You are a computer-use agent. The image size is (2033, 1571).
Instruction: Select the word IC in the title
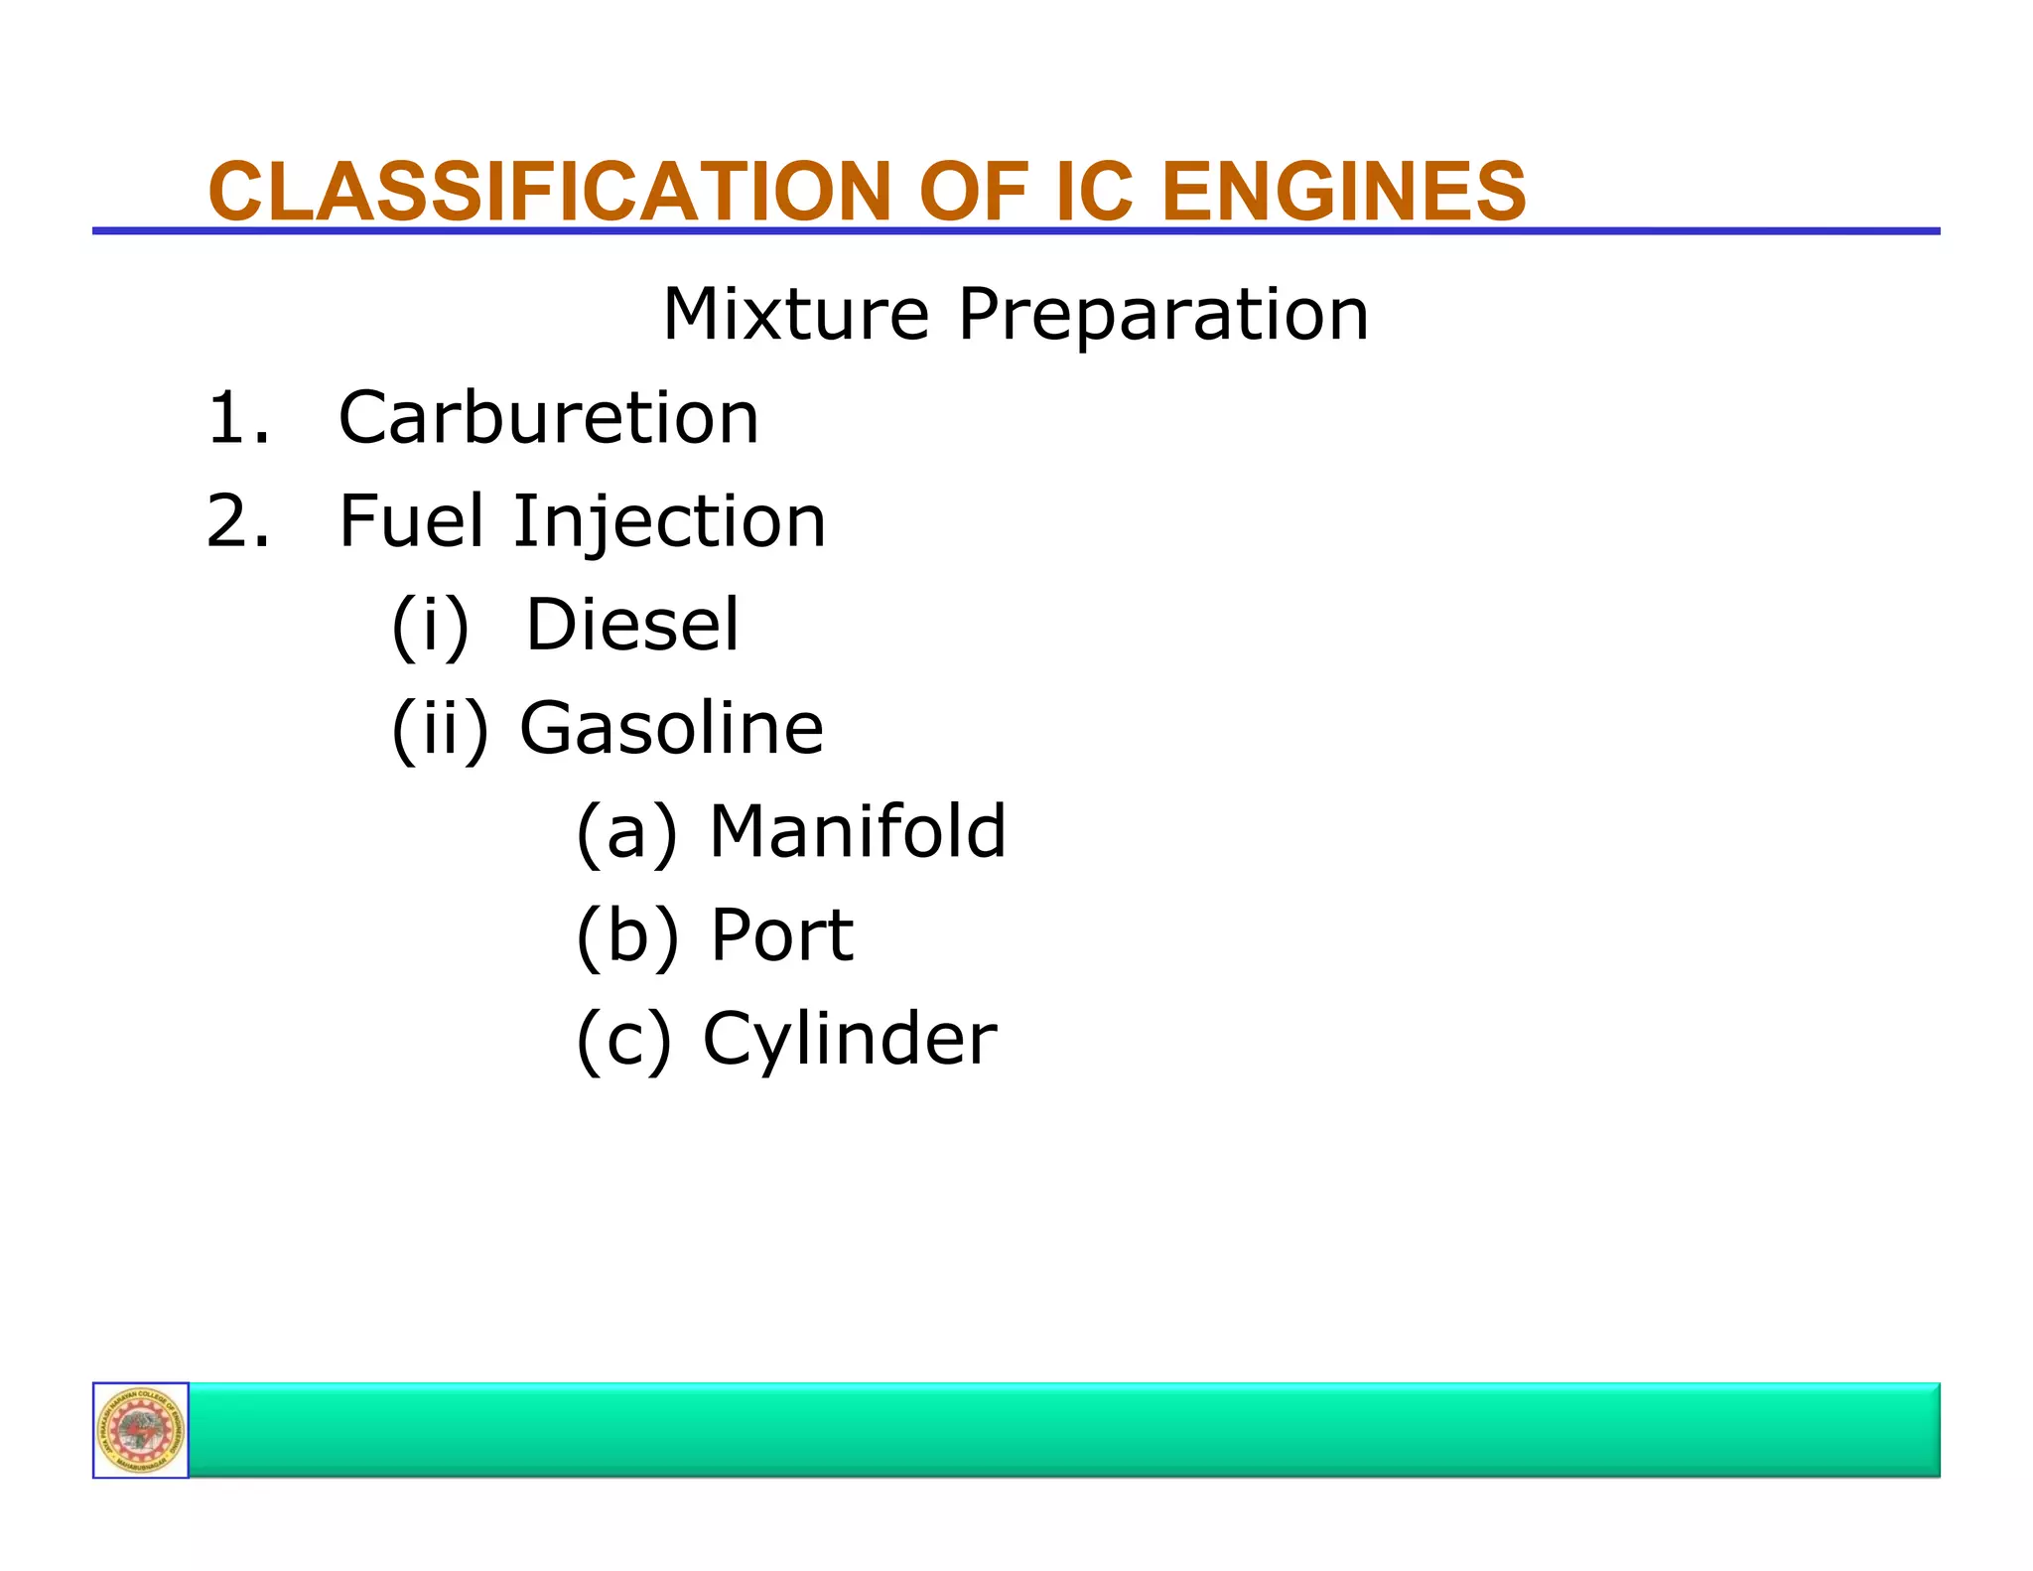[x=1093, y=191]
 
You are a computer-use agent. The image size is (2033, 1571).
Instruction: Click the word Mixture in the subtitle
[x=795, y=314]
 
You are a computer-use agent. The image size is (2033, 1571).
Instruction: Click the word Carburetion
[x=549, y=417]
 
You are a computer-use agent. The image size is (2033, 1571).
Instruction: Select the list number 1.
[x=236, y=417]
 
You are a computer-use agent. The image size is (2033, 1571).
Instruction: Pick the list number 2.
[x=236, y=520]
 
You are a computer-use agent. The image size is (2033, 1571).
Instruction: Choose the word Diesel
[x=632, y=625]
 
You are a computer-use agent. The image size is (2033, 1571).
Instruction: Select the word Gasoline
[x=671, y=728]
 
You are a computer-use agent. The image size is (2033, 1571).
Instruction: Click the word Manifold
[x=858, y=831]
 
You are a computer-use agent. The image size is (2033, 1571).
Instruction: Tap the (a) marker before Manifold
[x=626, y=833]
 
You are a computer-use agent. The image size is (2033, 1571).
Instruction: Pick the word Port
[x=781, y=935]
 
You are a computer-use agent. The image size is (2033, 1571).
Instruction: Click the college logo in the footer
[x=141, y=1430]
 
